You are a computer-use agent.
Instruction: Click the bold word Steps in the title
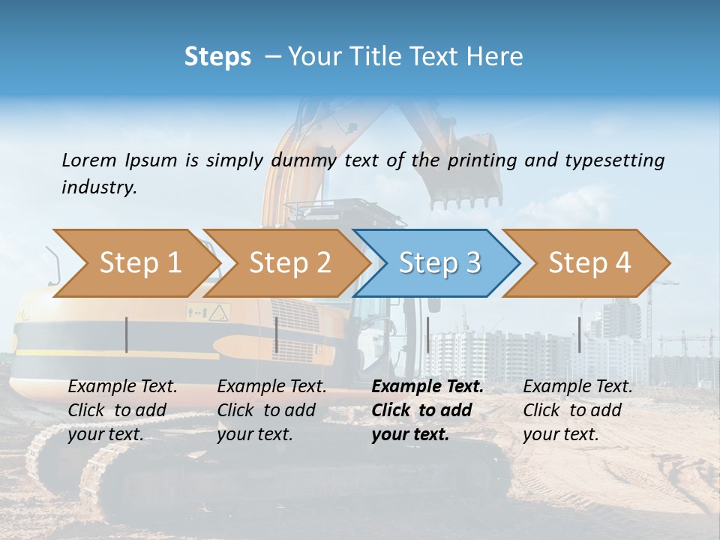[x=217, y=57]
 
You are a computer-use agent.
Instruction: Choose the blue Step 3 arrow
[x=439, y=263]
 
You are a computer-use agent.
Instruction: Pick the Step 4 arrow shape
[x=589, y=263]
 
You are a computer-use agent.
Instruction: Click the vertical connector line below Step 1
[x=127, y=334]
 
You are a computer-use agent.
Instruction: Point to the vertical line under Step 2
[x=277, y=334]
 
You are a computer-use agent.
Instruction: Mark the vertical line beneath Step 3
[x=427, y=334]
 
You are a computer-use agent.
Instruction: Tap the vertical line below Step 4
[x=580, y=334]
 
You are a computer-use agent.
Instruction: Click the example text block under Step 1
[x=122, y=410]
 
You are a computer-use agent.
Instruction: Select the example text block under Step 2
[x=271, y=410]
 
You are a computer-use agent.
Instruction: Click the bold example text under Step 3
[x=427, y=410]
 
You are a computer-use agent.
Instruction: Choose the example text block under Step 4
[x=577, y=410]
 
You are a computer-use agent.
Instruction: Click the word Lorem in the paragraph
[x=89, y=160]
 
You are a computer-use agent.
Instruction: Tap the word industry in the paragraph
[x=99, y=187]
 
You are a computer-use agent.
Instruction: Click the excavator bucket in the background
[x=465, y=172]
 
